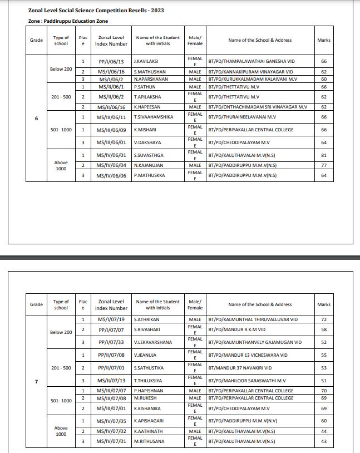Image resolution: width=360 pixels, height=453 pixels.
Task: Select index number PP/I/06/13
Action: pyautogui.click(x=111, y=61)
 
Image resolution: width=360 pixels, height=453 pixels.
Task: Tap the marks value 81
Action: pyautogui.click(x=323, y=155)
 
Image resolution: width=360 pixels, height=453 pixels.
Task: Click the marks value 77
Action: pyautogui.click(x=323, y=165)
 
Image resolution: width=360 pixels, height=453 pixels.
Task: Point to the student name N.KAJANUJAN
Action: pyautogui.click(x=149, y=165)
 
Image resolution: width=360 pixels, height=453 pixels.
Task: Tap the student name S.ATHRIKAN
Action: pyautogui.click(x=146, y=319)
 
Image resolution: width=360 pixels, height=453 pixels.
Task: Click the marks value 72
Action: pyautogui.click(x=323, y=319)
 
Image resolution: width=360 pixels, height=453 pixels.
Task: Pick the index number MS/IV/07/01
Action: pyautogui.click(x=111, y=441)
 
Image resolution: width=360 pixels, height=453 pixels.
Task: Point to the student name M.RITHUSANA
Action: pyautogui.click(x=149, y=441)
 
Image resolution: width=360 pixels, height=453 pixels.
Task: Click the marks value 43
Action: pyautogui.click(x=323, y=441)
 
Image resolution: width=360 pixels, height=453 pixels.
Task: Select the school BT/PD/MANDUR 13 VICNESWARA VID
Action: pyautogui.click(x=248, y=354)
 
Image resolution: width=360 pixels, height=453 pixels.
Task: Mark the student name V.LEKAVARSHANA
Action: pyautogui.click(x=153, y=342)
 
